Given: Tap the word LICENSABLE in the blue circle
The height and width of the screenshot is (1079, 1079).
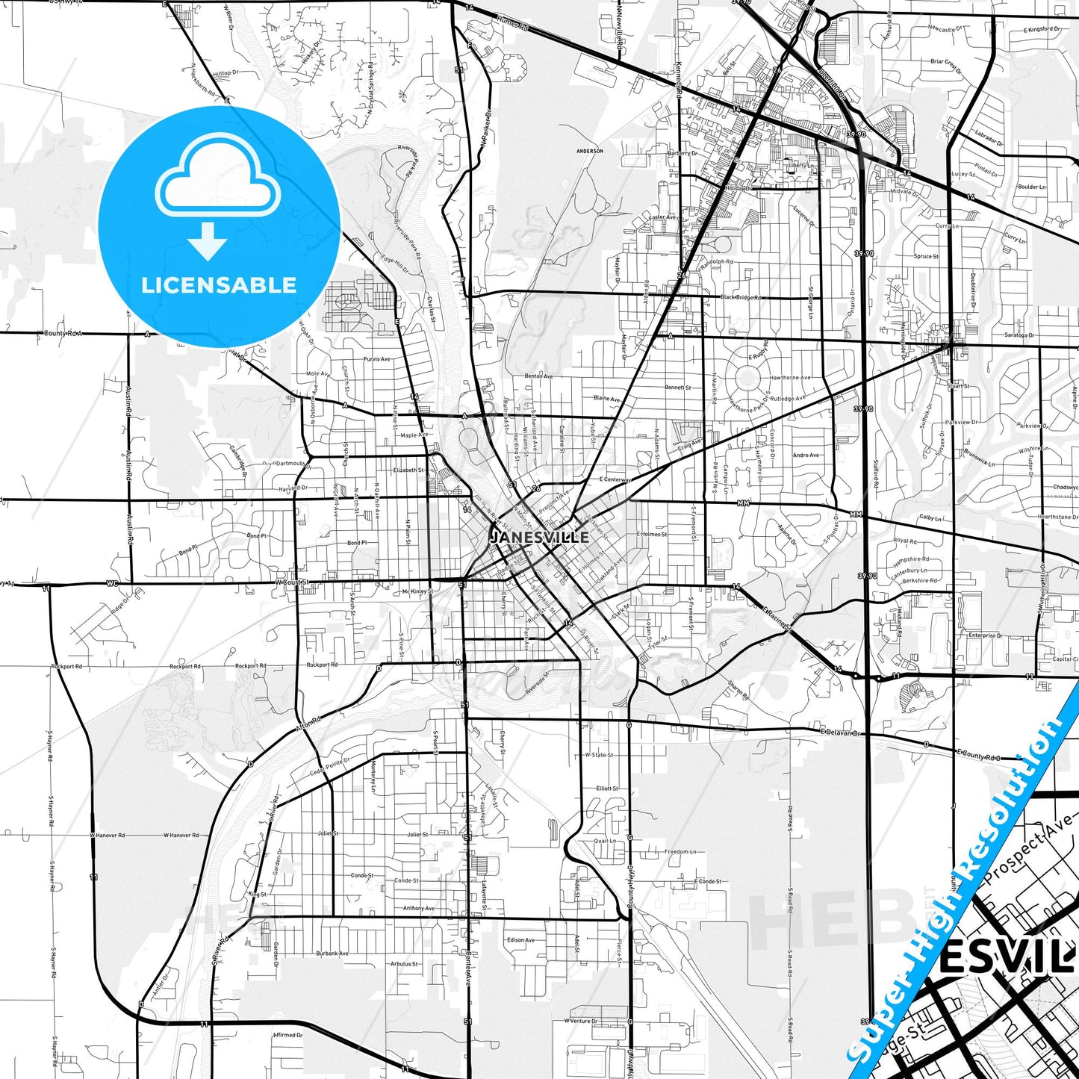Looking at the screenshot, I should click(x=219, y=284).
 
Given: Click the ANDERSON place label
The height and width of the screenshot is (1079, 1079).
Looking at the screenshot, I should click(x=590, y=151).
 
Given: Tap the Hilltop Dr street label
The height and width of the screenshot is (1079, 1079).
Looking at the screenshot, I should click(x=225, y=73).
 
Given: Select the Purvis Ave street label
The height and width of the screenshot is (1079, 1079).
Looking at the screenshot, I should click(x=376, y=359).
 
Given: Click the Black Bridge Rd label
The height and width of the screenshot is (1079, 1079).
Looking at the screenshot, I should click(x=741, y=297).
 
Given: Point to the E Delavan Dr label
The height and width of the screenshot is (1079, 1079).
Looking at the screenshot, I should click(x=840, y=733).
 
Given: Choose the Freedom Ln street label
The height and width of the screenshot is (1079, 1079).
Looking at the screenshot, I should click(x=680, y=851).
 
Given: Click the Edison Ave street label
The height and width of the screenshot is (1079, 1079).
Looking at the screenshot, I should click(x=520, y=940).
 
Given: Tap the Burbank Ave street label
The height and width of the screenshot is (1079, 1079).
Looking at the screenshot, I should click(x=332, y=954).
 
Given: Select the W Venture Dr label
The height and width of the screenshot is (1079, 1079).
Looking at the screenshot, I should click(x=581, y=1021).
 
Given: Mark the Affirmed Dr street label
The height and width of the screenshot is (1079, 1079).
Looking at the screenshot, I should click(x=288, y=1035).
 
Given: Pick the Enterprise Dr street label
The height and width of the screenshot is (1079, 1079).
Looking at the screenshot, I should click(x=985, y=635).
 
